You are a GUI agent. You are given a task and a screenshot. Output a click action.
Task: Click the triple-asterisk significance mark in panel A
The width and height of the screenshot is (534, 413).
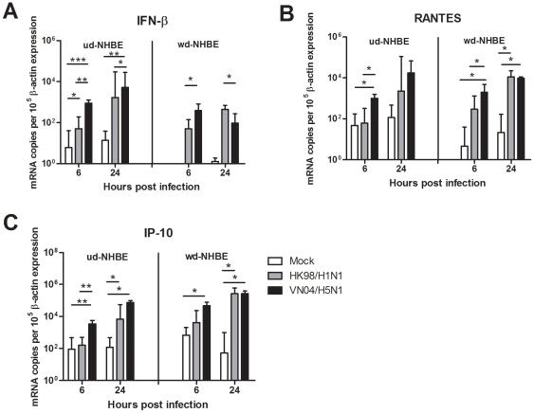(x=77, y=60)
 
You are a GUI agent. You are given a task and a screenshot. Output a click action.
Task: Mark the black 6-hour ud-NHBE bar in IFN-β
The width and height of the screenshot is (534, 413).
(x=88, y=133)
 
